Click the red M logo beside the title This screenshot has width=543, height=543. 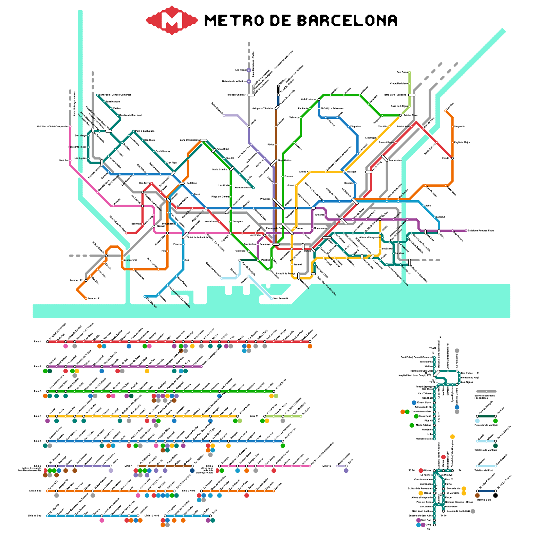pyautogui.click(x=172, y=20)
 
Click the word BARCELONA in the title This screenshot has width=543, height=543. pyautogui.click(x=347, y=21)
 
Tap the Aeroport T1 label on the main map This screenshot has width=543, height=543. pyautogui.click(x=94, y=299)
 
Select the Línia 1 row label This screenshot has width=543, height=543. pyautogui.click(x=37, y=341)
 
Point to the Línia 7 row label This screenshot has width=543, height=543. pyautogui.click(x=128, y=466)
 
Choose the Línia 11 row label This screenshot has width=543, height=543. pyautogui.click(x=254, y=416)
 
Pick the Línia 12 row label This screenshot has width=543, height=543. pyautogui.click(x=326, y=466)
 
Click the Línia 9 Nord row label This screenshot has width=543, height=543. pyautogui.click(x=188, y=491)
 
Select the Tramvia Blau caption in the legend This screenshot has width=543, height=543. pyautogui.click(x=484, y=500)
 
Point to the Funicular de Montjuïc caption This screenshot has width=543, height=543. pyautogui.click(x=486, y=425)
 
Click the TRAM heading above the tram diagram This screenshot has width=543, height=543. pyautogui.click(x=432, y=348)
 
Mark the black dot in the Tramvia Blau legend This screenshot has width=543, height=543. pyautogui.click(x=495, y=495)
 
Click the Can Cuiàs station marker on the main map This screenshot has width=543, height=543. pyautogui.click(x=410, y=72)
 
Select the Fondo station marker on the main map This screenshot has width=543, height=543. pyautogui.click(x=452, y=158)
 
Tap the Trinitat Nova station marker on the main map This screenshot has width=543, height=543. pyautogui.click(x=400, y=115)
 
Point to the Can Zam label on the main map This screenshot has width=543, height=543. pyautogui.click(x=450, y=106)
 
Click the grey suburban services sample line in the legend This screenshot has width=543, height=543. pyautogui.click(x=486, y=391)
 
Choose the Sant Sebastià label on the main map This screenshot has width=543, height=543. pyautogui.click(x=281, y=299)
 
